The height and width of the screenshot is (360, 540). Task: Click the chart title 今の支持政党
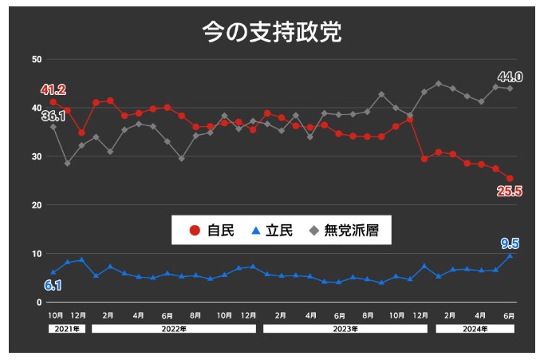272,33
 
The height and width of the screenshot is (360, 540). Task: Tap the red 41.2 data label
53,89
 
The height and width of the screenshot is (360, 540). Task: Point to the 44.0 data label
510,77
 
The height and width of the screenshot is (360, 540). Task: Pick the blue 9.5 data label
510,243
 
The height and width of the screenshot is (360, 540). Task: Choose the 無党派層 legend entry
348,231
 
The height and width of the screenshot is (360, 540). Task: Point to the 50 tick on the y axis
37,60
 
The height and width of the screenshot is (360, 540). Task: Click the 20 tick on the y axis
37,205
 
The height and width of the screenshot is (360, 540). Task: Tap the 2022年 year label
175,328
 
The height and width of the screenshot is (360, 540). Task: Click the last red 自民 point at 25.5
510,179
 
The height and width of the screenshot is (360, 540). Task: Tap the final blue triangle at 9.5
510,256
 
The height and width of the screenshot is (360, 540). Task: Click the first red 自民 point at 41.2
53,102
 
